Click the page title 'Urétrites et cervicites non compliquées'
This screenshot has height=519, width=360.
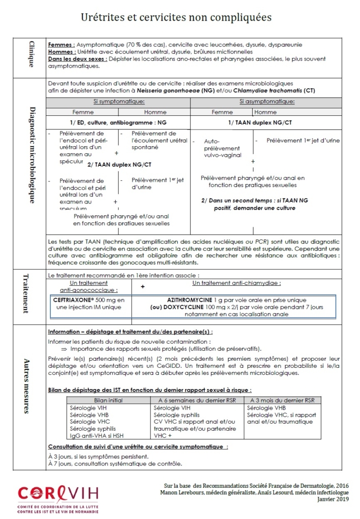point(176,17)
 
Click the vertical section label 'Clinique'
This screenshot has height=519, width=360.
point(31,54)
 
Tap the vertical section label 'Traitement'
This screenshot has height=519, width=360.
point(26,294)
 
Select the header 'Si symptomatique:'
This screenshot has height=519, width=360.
point(118,102)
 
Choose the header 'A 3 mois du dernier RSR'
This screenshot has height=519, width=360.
point(280,400)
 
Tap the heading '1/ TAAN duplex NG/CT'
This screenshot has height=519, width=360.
point(266,122)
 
